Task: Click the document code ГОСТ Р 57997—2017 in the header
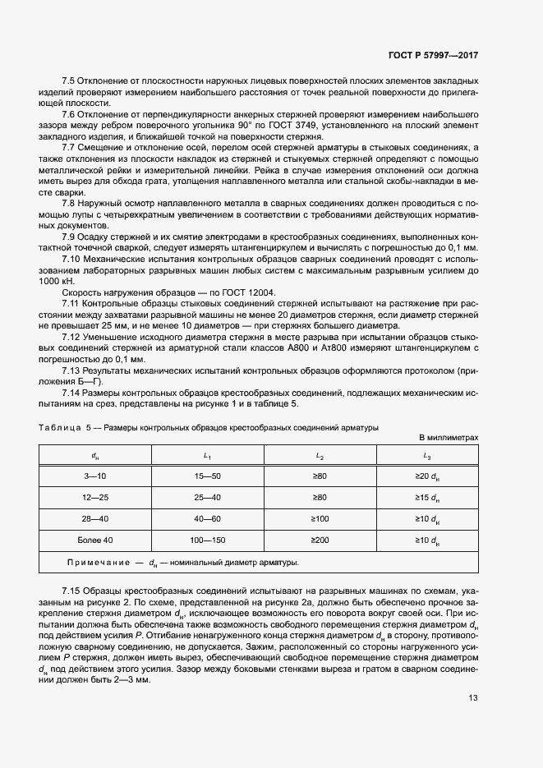click(433, 55)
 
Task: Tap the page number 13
click(473, 698)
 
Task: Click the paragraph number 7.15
click(71, 591)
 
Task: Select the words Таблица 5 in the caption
click(67, 428)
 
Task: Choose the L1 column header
click(208, 455)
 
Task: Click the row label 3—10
click(95, 476)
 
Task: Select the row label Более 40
click(95, 540)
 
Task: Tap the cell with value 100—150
click(208, 540)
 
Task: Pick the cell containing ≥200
click(320, 540)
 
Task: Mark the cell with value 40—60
click(208, 518)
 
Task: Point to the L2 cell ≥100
click(320, 518)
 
